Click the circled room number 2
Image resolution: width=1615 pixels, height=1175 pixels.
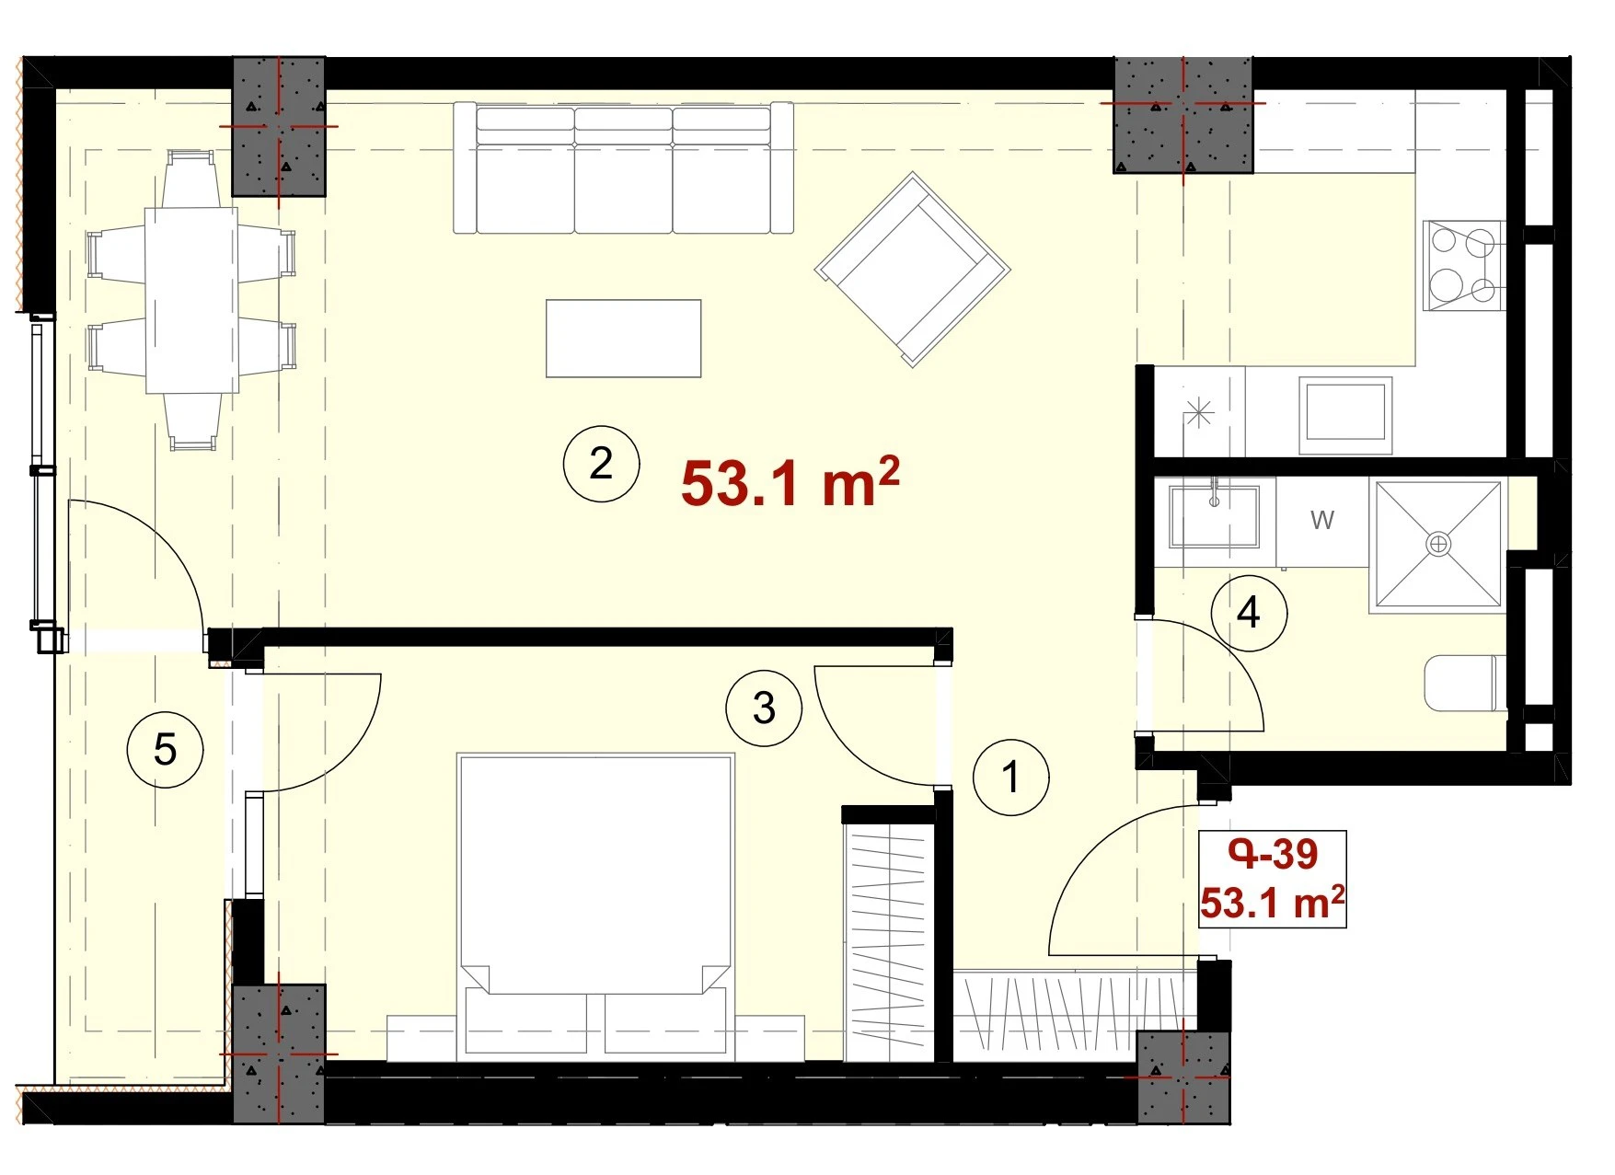[601, 463]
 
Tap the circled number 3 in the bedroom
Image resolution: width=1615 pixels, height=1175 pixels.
[764, 708]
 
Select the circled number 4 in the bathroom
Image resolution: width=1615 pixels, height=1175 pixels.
[1249, 612]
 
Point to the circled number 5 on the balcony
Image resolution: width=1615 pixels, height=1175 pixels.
[165, 749]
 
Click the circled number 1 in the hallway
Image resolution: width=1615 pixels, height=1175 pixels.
[1011, 777]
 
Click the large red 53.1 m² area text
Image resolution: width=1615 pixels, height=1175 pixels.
[790, 482]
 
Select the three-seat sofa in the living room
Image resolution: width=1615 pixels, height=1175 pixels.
[623, 167]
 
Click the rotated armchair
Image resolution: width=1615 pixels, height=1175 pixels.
[912, 270]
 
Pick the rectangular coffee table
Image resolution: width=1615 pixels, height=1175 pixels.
[623, 339]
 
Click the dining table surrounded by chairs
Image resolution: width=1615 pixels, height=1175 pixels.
[191, 300]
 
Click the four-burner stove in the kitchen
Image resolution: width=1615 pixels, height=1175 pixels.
[1463, 266]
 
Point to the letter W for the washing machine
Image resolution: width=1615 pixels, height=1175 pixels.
[1321, 520]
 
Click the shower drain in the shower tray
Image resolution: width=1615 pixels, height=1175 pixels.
[1437, 544]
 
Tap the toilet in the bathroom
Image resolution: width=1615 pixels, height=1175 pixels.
[1465, 683]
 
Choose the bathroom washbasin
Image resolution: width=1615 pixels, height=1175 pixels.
[1214, 514]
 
